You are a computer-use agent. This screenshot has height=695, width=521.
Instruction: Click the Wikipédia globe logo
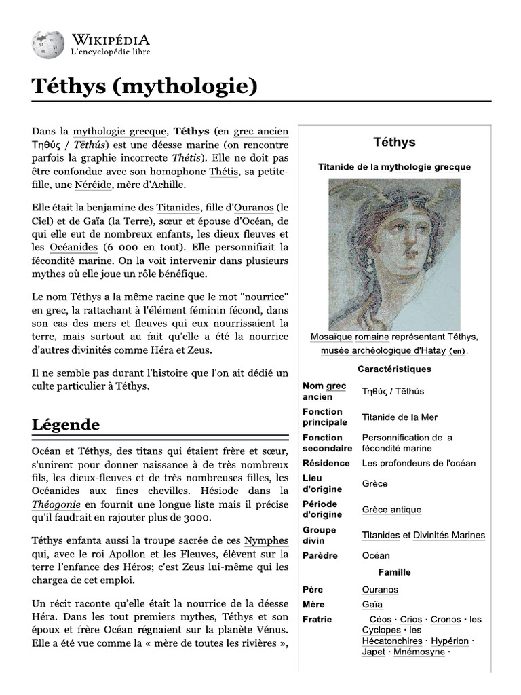47,44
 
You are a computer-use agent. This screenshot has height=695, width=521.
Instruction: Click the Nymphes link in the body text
266,540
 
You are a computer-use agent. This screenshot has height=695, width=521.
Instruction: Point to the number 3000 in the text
195,516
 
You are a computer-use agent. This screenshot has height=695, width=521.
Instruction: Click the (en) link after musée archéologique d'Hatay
458,351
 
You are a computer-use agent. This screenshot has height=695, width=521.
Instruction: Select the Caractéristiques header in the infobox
394,369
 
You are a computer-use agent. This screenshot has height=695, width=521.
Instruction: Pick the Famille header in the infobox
394,572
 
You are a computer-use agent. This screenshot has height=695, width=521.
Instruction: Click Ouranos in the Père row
380,590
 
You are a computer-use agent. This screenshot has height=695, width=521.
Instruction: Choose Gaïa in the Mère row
372,604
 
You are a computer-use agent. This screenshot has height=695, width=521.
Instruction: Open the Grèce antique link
391,510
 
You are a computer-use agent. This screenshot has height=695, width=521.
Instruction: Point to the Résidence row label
326,463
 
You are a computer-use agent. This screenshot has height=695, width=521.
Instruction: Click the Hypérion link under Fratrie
449,641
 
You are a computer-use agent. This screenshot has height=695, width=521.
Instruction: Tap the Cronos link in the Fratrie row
446,619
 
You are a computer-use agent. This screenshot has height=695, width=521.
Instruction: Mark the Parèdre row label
320,555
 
